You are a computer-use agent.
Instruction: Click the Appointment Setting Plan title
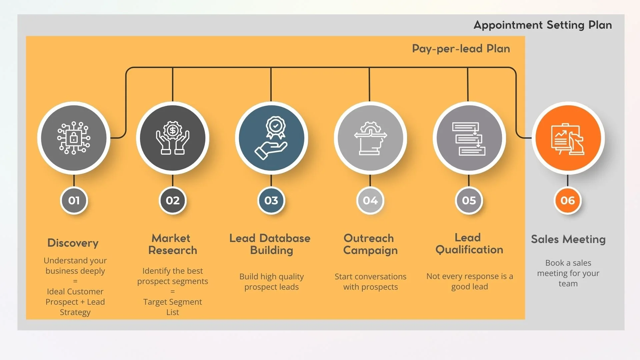click(x=542, y=25)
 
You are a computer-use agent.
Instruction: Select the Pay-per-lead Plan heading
click(x=461, y=49)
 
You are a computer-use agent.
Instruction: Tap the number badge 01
click(x=74, y=200)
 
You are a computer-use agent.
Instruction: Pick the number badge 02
click(x=173, y=200)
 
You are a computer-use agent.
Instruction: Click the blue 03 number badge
click(x=271, y=200)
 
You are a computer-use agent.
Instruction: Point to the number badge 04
click(x=370, y=200)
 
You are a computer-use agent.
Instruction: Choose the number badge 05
click(x=469, y=200)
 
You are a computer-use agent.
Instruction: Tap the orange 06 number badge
click(x=567, y=200)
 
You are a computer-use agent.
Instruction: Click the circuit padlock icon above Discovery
click(x=74, y=138)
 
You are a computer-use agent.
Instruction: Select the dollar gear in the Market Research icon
click(x=172, y=130)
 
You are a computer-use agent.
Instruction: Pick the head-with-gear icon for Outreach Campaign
click(x=370, y=138)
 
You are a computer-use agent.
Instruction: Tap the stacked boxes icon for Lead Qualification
click(x=469, y=139)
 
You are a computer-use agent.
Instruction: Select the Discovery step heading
click(x=73, y=243)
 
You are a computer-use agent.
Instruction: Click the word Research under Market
click(x=173, y=250)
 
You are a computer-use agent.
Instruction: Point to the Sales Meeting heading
click(x=568, y=239)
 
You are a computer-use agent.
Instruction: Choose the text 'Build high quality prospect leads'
click(x=271, y=282)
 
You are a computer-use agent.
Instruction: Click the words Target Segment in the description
click(x=172, y=302)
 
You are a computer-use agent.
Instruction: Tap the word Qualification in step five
click(x=469, y=250)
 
